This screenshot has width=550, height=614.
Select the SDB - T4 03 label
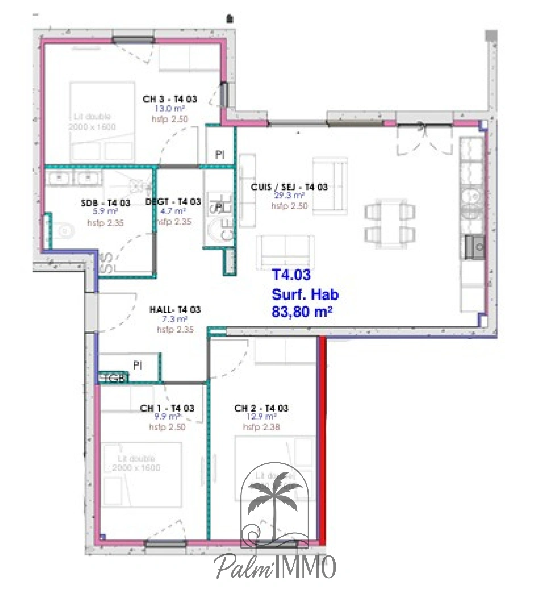105,203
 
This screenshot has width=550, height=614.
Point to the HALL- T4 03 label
175,310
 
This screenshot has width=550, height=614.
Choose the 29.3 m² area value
289,196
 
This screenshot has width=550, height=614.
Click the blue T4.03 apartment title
291,276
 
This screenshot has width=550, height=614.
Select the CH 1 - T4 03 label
167,408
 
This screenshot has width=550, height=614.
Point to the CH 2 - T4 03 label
261,408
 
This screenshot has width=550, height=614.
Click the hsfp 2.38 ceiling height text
261,427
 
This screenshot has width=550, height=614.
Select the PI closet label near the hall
137,364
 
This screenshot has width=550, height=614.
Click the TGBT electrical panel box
114,378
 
